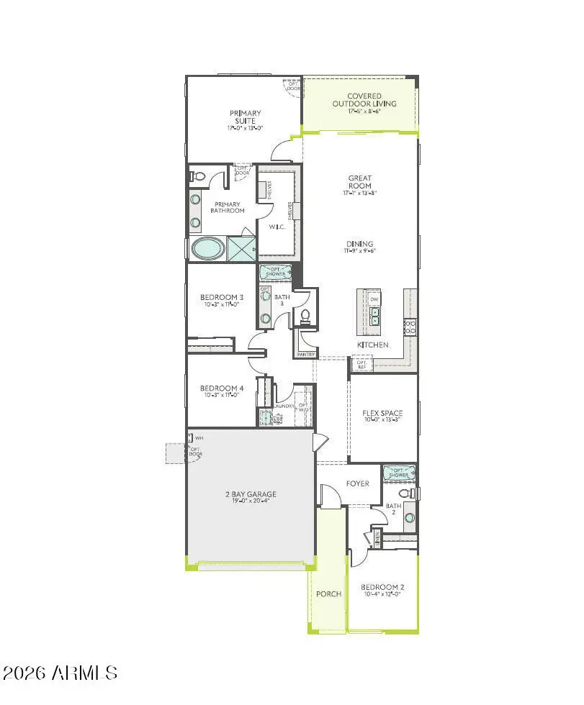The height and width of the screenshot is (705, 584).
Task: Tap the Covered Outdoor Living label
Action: [364, 100]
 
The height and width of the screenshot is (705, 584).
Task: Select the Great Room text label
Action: [360, 182]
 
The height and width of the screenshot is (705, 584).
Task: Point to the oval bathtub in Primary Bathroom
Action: [207, 249]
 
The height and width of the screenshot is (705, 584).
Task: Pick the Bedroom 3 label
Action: [222, 297]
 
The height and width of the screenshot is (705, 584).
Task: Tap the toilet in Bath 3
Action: [305, 315]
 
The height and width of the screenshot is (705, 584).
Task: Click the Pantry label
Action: [305, 354]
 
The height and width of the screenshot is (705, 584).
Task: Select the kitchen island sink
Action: [375, 314]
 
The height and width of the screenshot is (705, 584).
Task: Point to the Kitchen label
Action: [373, 345]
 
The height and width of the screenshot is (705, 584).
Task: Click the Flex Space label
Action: [382, 414]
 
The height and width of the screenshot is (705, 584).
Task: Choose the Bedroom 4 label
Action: [222, 388]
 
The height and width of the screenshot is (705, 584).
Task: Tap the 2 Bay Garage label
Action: [251, 495]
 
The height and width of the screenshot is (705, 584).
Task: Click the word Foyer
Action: [357, 483]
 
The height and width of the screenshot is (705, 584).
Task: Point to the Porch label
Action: [328, 594]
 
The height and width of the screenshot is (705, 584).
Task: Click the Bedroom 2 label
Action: [382, 587]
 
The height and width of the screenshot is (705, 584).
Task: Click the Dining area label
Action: [360, 244]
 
